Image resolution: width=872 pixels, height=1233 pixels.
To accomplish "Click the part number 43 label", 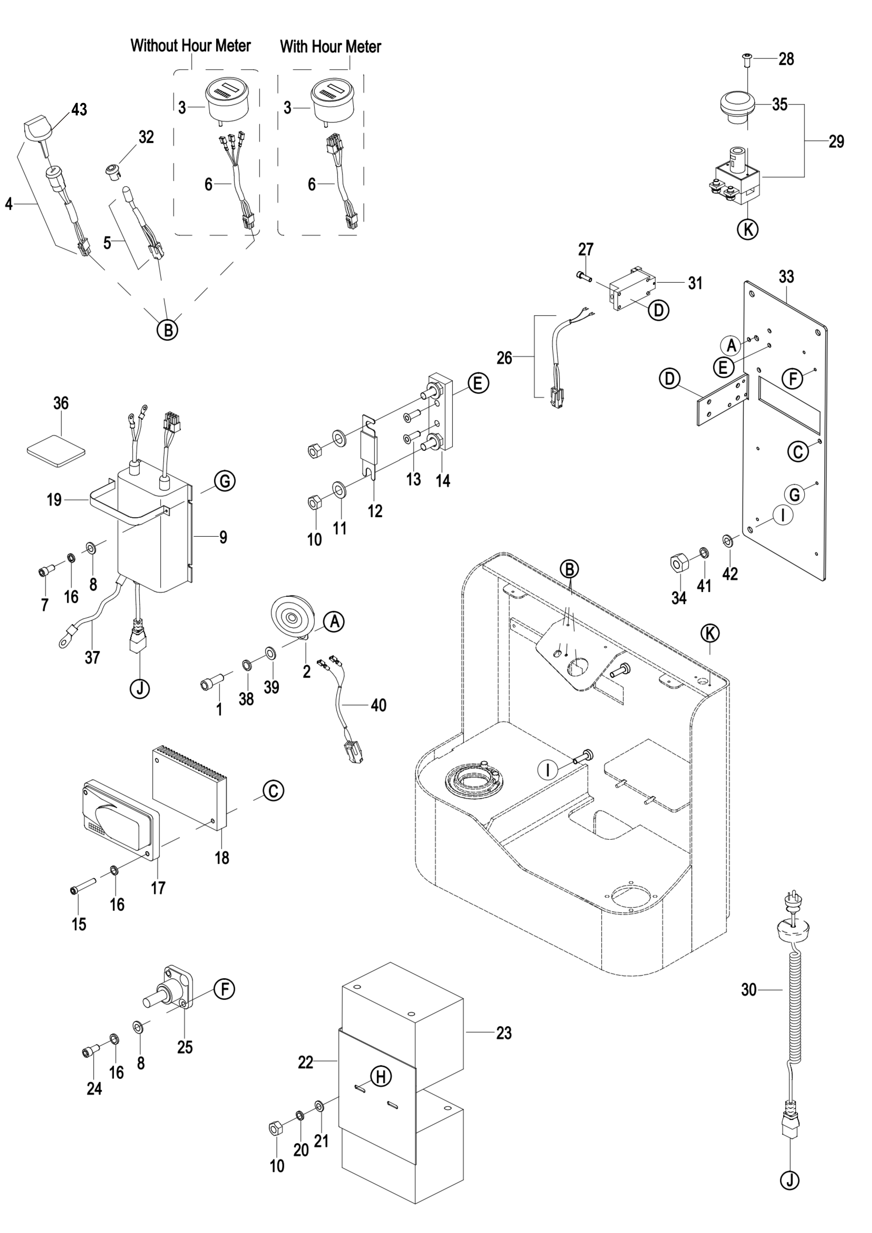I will point(79,110).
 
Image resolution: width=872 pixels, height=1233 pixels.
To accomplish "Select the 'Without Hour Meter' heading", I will point(191,46).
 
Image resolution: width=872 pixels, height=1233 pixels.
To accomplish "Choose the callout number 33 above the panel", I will point(786,277).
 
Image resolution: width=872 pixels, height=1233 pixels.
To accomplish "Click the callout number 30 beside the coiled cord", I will point(748,989).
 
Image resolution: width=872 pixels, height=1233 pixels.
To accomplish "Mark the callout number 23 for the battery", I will point(504,1033).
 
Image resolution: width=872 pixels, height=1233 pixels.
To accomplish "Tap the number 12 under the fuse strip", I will point(375,511).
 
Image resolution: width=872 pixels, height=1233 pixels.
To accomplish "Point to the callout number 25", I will point(185,1047).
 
